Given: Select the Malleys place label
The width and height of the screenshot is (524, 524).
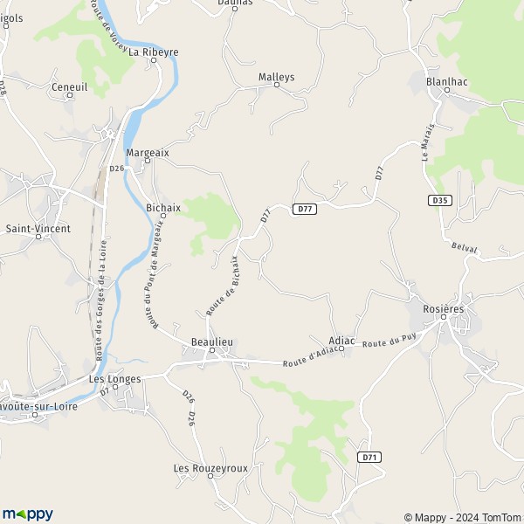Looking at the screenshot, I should pyautogui.click(x=277, y=77).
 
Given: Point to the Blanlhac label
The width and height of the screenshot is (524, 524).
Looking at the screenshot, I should pyautogui.click(x=445, y=81).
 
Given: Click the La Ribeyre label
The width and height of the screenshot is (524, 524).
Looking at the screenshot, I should pyautogui.click(x=154, y=52).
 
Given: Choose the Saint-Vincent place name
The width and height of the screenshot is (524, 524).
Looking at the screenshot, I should pyautogui.click(x=38, y=229).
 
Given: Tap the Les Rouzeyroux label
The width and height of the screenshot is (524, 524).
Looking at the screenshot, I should pyautogui.click(x=210, y=468).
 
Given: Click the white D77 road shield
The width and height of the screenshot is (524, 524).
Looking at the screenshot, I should pyautogui.click(x=303, y=209).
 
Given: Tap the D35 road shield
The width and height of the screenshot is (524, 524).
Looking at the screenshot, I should pyautogui.click(x=440, y=200).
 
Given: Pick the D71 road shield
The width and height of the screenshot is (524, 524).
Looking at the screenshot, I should pyautogui.click(x=370, y=457).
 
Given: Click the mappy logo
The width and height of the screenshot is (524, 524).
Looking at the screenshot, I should pyautogui.click(x=27, y=514).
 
